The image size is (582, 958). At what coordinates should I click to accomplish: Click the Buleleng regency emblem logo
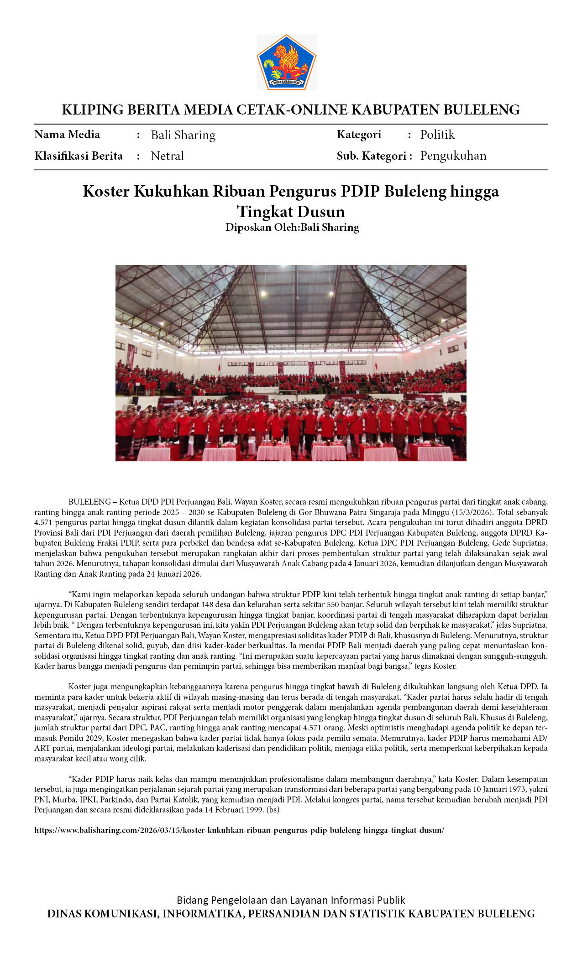(287, 62)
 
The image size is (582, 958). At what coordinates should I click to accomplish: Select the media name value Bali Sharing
(183, 135)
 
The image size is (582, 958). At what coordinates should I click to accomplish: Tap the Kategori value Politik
(437, 135)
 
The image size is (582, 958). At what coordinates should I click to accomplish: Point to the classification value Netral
(167, 156)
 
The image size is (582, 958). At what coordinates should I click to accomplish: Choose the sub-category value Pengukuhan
(453, 156)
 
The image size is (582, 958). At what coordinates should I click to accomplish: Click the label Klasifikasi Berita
(79, 156)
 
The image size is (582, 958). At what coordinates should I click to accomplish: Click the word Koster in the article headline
(106, 191)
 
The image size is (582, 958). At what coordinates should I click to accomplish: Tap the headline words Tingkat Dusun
(291, 212)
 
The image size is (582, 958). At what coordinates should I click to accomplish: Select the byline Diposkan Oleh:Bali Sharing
(292, 227)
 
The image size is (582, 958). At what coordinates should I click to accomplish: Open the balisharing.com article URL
(239, 830)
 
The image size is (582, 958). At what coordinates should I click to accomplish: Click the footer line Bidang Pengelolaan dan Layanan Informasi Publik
(291, 900)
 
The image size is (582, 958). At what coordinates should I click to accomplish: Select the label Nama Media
(67, 135)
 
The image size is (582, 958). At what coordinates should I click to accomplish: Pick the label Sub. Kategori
(371, 156)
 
